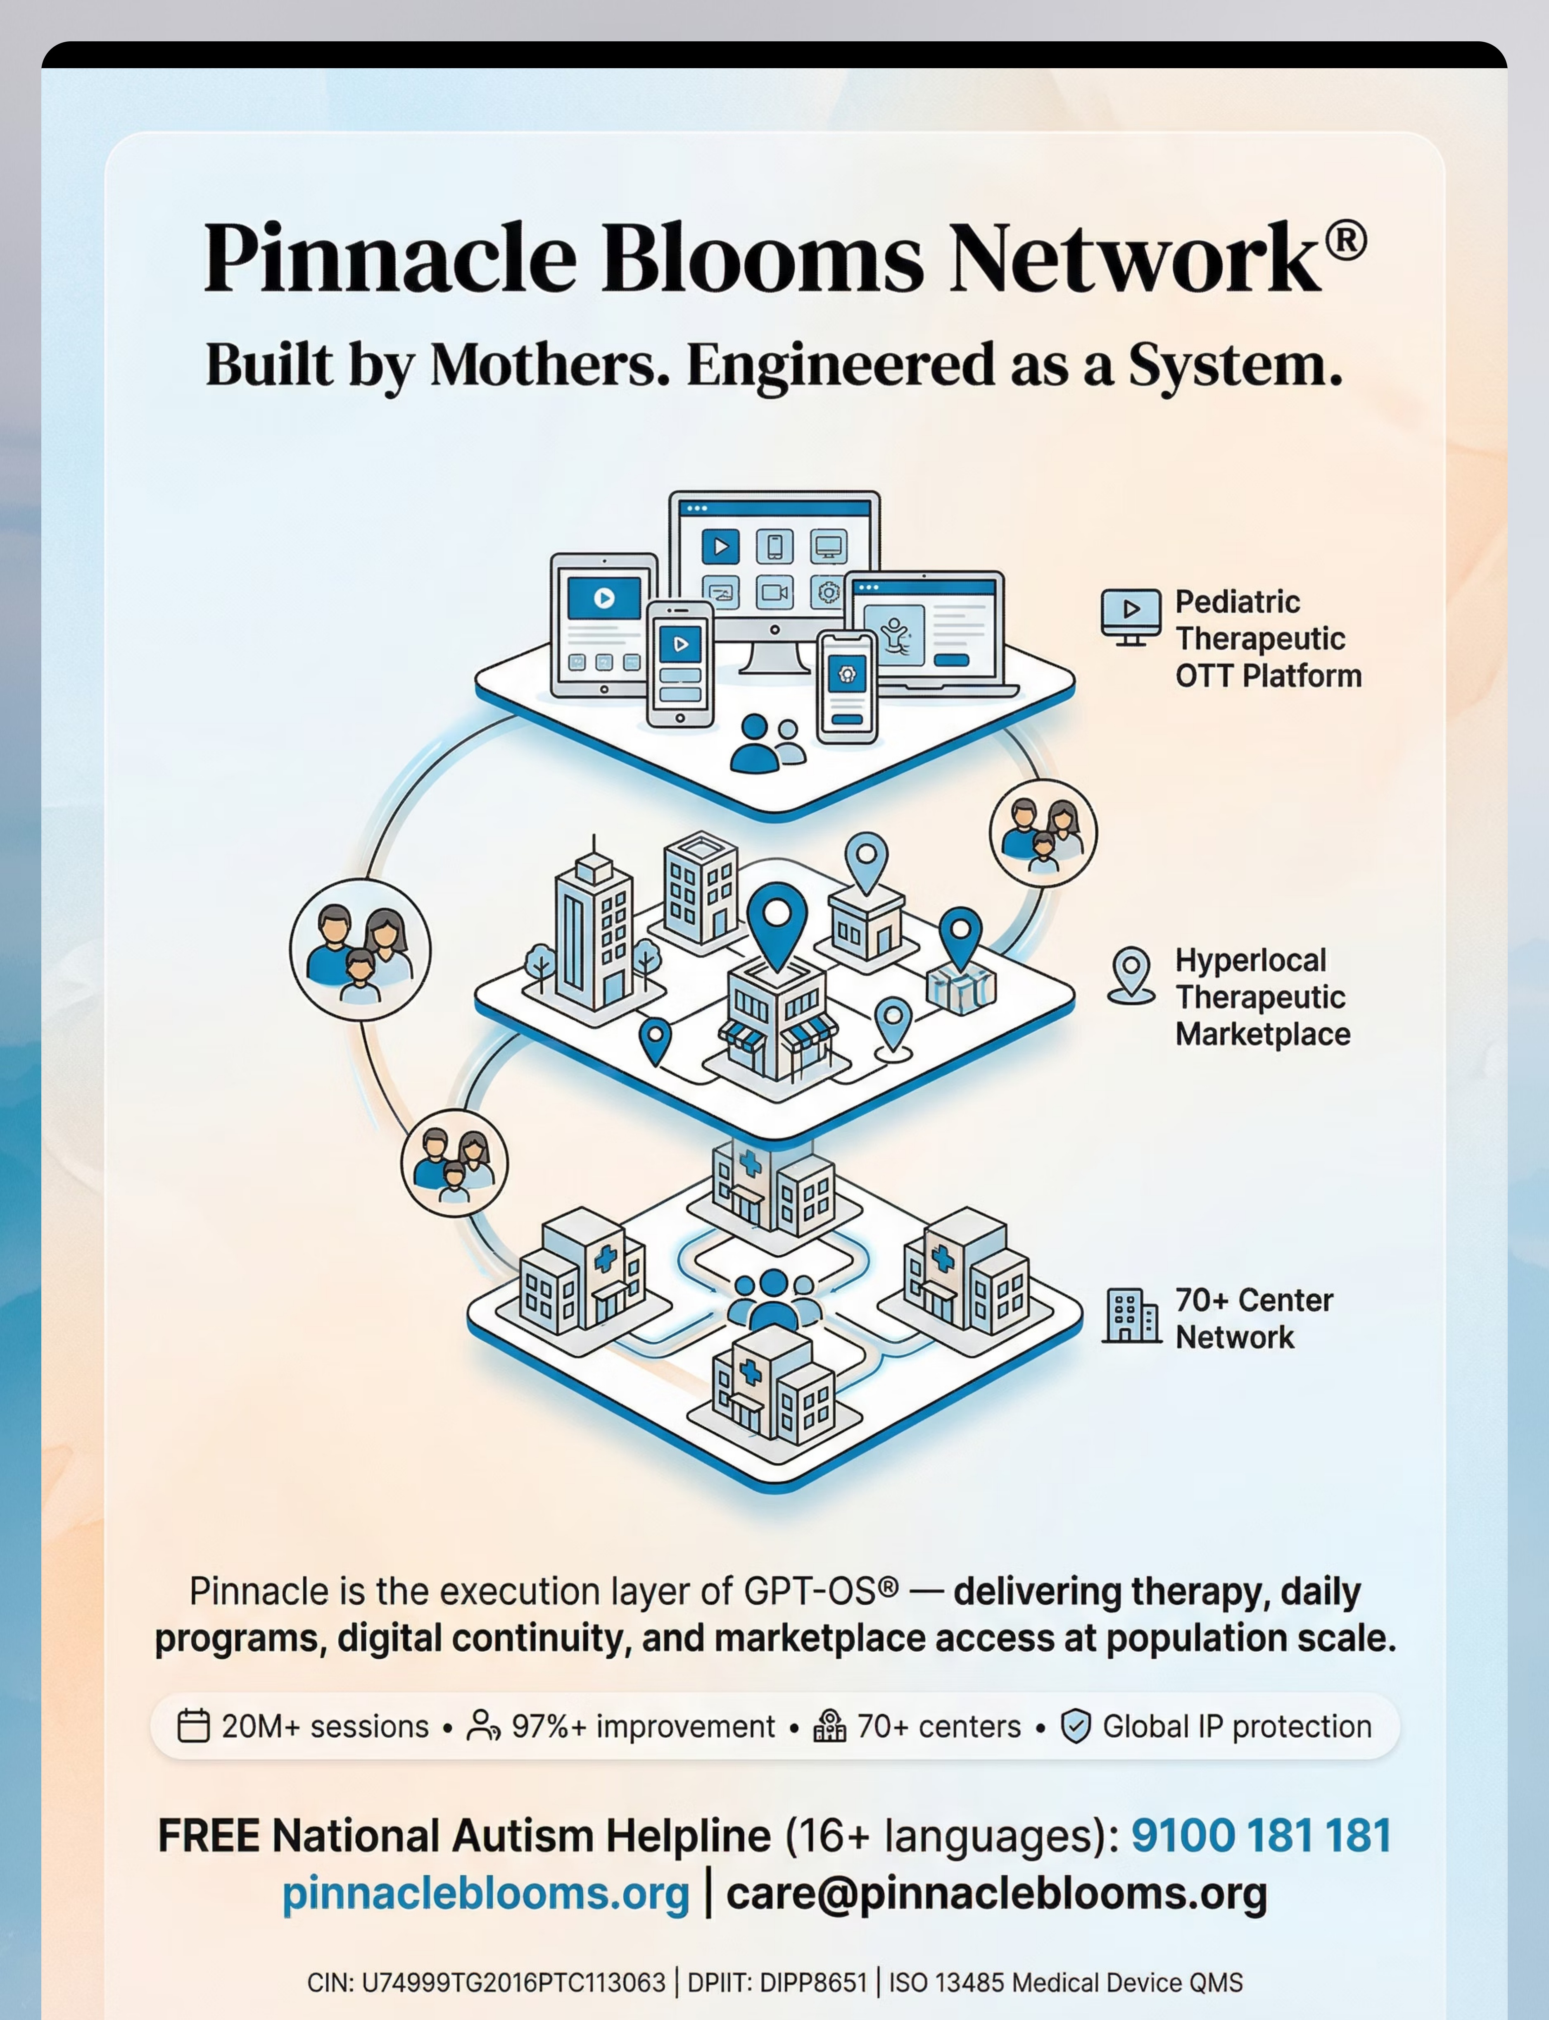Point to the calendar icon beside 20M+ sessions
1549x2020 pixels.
tap(193, 1726)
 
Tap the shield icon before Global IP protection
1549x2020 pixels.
tap(1075, 1726)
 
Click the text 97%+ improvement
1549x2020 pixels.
tap(643, 1726)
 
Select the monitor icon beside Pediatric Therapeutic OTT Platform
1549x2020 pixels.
tap(1131, 616)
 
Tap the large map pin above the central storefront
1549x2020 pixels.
tap(777, 923)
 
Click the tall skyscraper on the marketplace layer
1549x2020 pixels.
tap(593, 932)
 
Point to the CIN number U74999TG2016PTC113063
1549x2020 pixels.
tap(513, 1982)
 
